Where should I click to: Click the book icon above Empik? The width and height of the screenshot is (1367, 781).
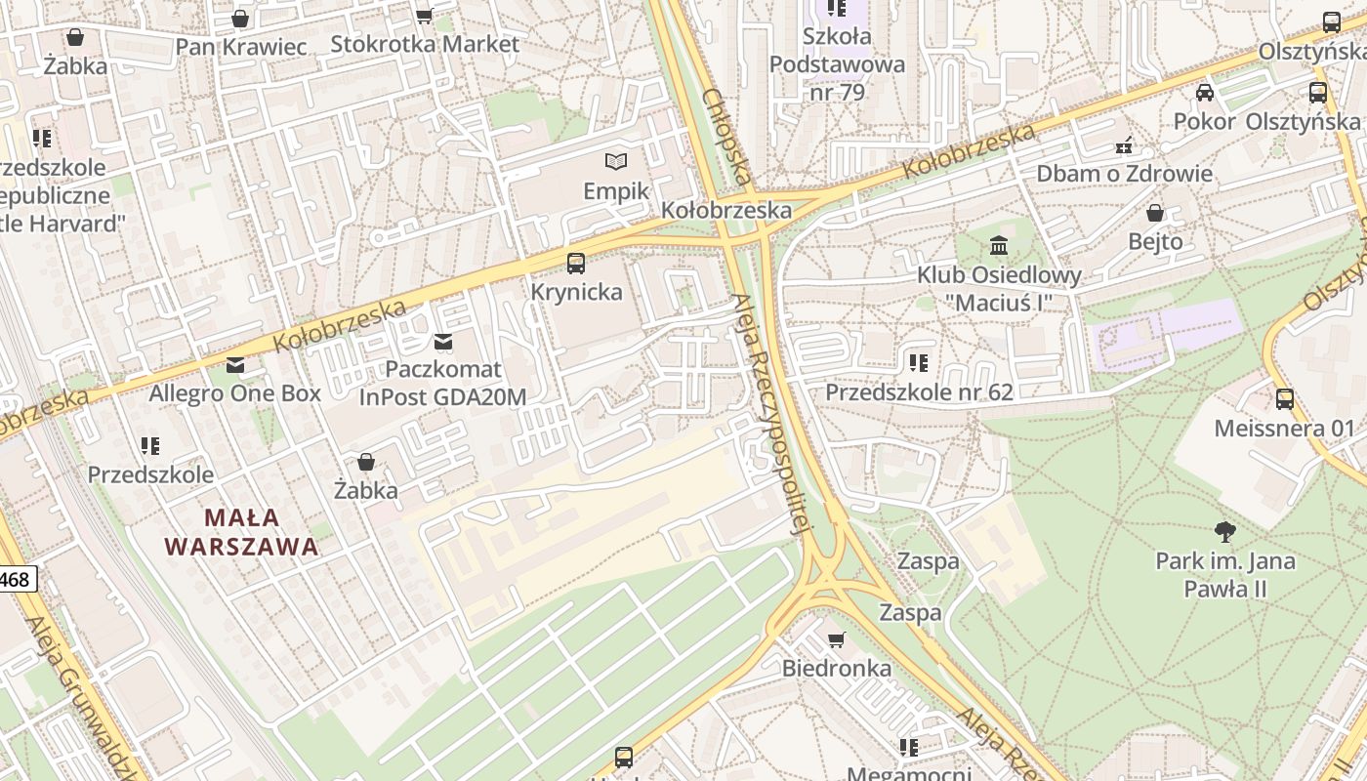(x=615, y=161)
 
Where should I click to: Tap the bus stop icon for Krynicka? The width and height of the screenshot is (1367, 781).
(x=576, y=263)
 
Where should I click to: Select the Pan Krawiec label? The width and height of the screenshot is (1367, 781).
(x=241, y=46)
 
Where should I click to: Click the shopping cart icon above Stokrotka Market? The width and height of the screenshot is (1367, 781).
(x=424, y=16)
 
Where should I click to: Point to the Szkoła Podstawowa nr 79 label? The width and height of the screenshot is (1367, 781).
(x=837, y=64)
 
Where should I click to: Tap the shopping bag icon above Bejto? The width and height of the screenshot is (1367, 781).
(x=1155, y=213)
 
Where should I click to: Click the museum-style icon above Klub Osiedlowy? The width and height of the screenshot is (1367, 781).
(x=998, y=245)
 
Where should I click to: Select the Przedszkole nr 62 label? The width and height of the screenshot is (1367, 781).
(x=919, y=392)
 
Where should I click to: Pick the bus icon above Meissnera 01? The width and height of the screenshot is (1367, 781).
(x=1285, y=398)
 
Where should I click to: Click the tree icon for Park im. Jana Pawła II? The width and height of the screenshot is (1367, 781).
(x=1224, y=532)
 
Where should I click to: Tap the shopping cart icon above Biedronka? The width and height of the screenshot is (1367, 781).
(x=836, y=639)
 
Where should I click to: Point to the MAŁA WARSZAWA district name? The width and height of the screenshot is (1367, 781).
(x=241, y=532)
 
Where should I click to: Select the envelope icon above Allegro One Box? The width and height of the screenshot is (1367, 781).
(x=234, y=365)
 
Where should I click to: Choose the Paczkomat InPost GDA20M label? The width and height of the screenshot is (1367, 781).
(x=442, y=384)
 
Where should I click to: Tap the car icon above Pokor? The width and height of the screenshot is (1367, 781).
(x=1205, y=93)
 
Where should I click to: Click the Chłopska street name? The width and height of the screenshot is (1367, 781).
(x=726, y=137)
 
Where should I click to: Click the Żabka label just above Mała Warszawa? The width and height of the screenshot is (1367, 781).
(x=366, y=490)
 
